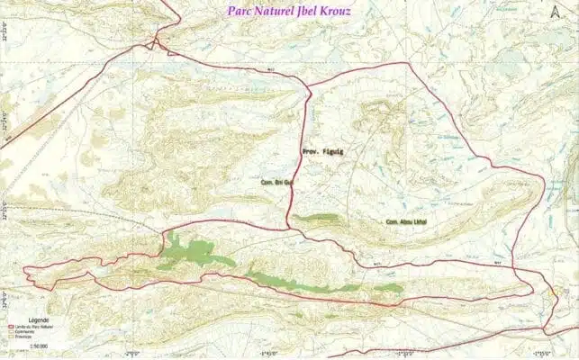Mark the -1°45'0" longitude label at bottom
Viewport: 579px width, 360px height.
point(268,354)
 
